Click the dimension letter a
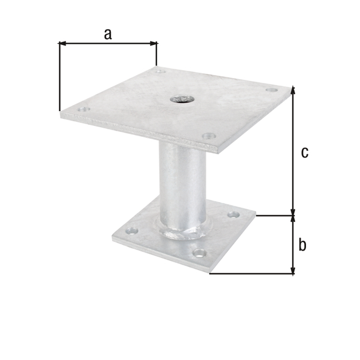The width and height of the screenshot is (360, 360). [107, 34]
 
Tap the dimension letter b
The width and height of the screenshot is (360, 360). [302, 245]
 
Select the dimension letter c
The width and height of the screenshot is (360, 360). [304, 152]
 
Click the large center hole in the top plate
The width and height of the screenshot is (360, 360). [178, 98]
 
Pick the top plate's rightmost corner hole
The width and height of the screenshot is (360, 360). [272, 90]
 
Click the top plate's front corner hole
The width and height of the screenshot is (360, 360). [208, 136]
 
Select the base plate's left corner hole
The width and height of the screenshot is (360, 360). [132, 229]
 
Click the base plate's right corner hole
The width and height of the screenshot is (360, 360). [233, 214]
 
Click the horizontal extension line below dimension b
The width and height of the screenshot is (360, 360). [252, 274]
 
